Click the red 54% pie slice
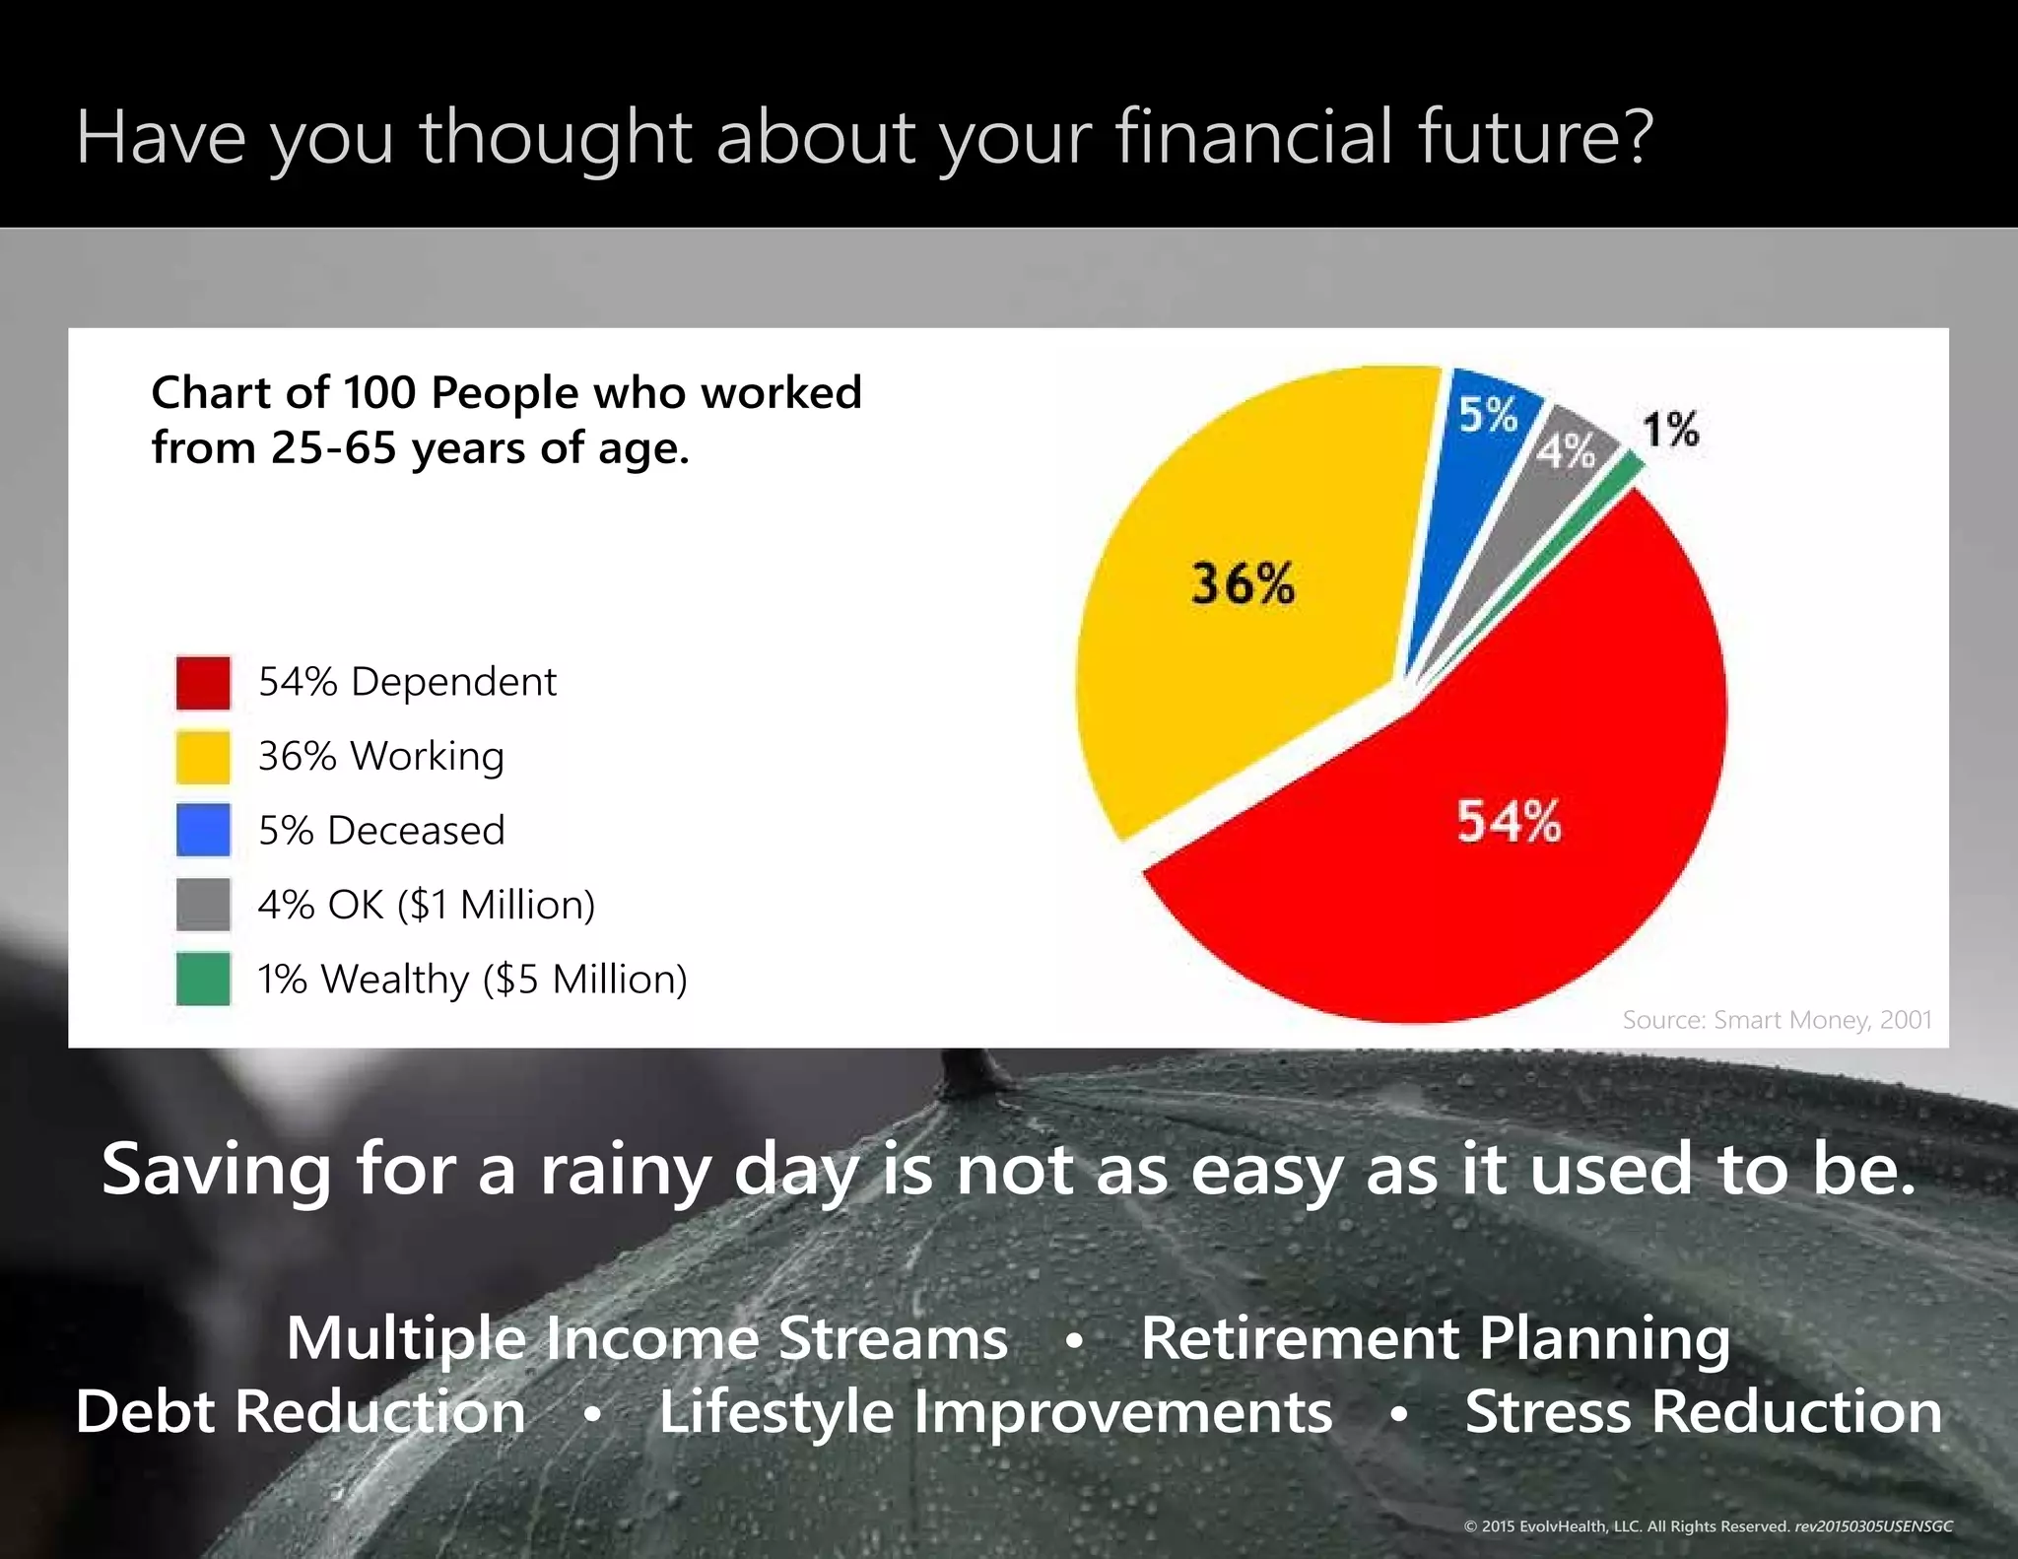[1478, 867]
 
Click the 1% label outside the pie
[1670, 430]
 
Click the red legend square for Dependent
[203, 682]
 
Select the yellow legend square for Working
[203, 757]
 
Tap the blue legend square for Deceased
[203, 830]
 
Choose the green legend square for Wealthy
[203, 979]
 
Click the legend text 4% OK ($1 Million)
[426, 905]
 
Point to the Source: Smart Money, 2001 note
[1777, 1020]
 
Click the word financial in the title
[1254, 137]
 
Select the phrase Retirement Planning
[1435, 1338]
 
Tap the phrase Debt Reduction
[301, 1411]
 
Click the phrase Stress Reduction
[1703, 1411]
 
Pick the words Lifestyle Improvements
[995, 1411]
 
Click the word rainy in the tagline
[625, 1171]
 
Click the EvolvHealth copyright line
[1707, 1525]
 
